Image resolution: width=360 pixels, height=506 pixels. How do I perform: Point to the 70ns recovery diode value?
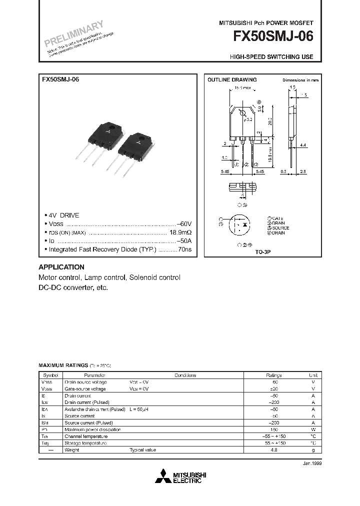185,248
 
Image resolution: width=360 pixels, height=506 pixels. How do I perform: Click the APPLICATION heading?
61,267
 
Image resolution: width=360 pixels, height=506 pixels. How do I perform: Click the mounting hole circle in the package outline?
242,113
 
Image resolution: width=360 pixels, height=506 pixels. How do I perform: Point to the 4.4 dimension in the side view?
303,145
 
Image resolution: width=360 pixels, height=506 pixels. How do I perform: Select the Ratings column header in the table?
273,375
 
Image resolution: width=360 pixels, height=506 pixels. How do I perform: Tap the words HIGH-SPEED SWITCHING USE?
271,57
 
